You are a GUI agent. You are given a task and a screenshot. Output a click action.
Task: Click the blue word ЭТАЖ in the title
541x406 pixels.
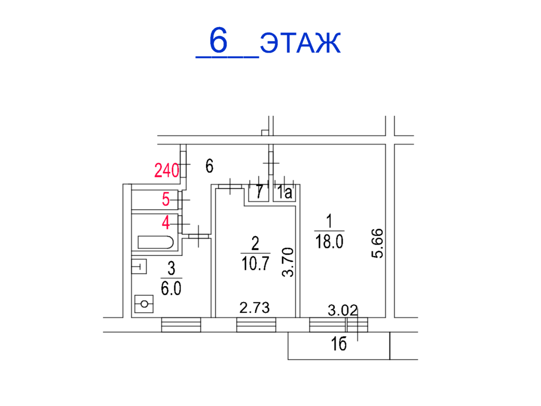300,43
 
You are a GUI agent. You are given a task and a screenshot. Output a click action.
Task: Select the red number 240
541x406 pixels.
166,170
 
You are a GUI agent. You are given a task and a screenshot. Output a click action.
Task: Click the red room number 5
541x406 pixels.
166,199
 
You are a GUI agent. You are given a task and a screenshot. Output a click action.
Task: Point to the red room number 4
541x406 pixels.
166,222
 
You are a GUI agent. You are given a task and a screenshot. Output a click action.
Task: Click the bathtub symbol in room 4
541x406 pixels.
156,242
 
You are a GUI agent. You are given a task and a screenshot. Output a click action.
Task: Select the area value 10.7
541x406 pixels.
255,263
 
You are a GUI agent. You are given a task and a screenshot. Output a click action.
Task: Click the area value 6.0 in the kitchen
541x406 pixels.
171,288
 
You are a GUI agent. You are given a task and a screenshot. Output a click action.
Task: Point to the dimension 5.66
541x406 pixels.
377,244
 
